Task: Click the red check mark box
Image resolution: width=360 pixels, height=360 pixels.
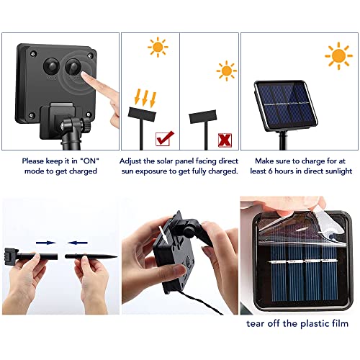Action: coord(163,139)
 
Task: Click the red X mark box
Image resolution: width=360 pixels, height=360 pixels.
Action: coord(225,140)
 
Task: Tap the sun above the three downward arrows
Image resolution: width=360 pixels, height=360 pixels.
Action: coord(158,47)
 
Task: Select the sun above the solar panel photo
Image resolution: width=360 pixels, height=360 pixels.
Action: coord(338,56)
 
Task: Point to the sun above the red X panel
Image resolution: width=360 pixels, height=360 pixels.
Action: coord(226,71)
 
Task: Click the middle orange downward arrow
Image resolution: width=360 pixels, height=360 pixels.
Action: coord(145,97)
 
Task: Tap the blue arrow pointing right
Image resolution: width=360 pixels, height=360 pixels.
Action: coord(46,243)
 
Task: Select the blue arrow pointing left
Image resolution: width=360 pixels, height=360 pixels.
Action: coord(77,243)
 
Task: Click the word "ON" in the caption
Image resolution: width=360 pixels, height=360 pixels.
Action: coord(90,161)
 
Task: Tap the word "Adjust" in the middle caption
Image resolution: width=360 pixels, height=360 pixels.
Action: coord(130,161)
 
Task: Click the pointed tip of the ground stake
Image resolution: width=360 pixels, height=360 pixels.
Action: coord(117,257)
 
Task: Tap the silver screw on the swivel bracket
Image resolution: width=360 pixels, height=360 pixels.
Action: coord(63,125)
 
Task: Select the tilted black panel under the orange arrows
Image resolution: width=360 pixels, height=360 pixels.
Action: coord(142,114)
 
